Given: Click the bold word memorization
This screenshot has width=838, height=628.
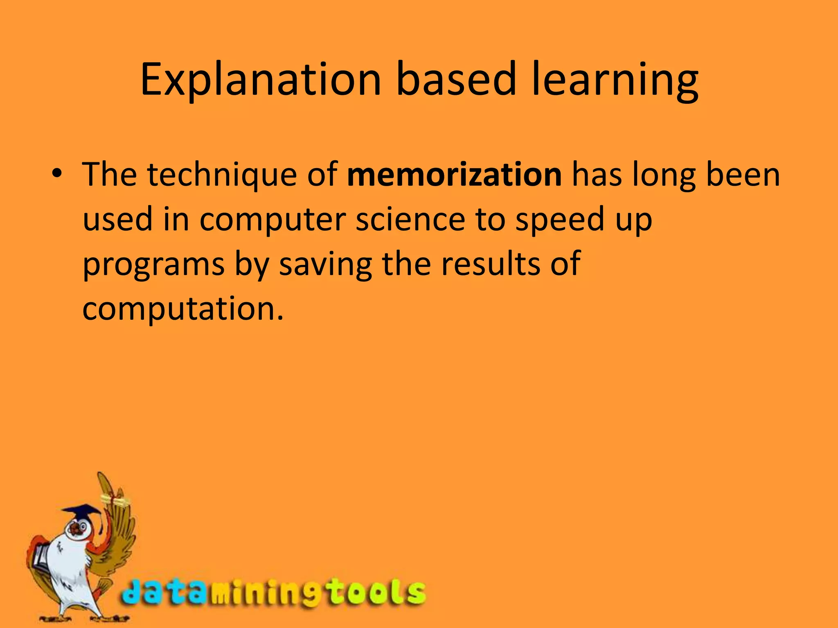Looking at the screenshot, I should point(454,175).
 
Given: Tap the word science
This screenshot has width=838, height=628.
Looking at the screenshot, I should point(410,219).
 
